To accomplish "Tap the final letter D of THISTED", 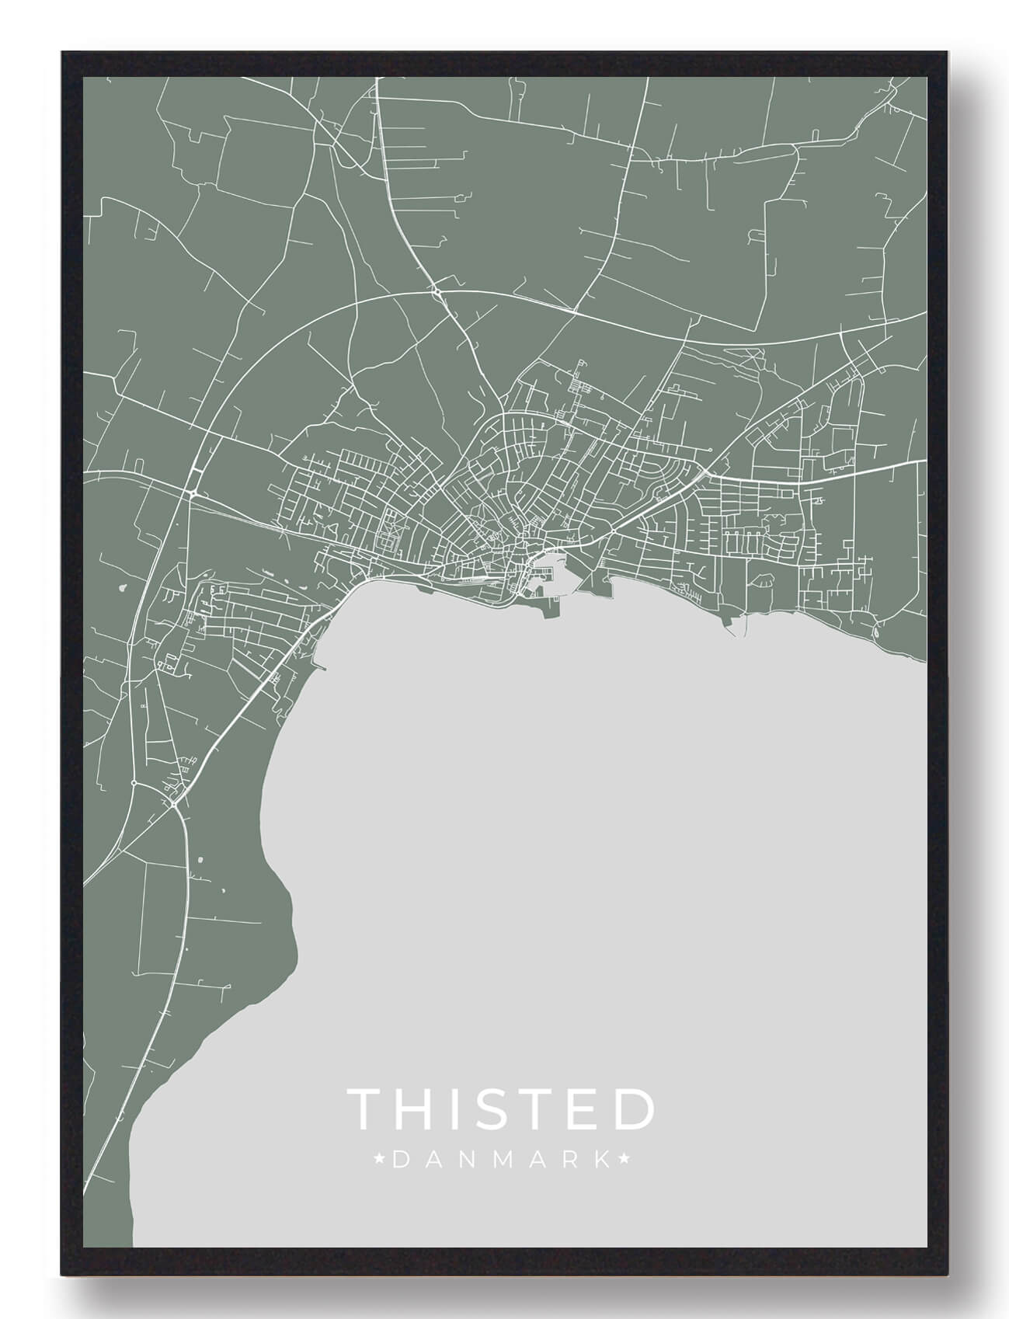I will tap(634, 1109).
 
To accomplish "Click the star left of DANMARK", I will tap(379, 1161).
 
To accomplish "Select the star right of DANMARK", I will tap(625, 1161).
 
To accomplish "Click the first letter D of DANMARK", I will tap(400, 1161).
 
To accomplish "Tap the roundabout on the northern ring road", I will tap(437, 292).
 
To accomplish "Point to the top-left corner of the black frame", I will tap(62, 53).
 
